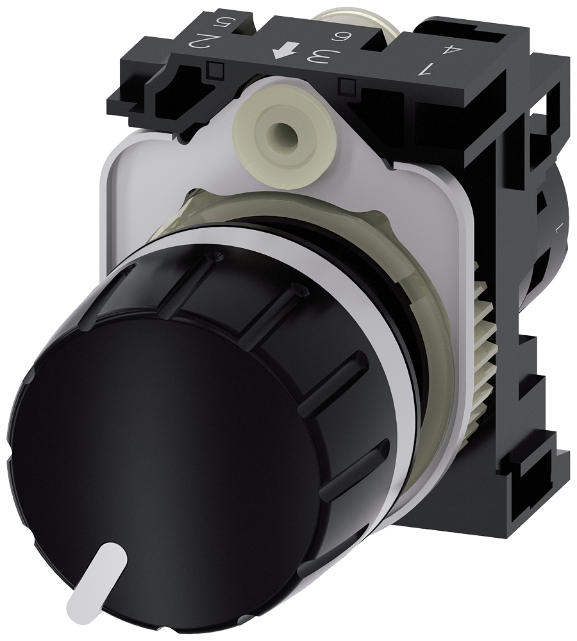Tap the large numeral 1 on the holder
424,67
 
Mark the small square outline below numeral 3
349,84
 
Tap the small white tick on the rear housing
556,226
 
